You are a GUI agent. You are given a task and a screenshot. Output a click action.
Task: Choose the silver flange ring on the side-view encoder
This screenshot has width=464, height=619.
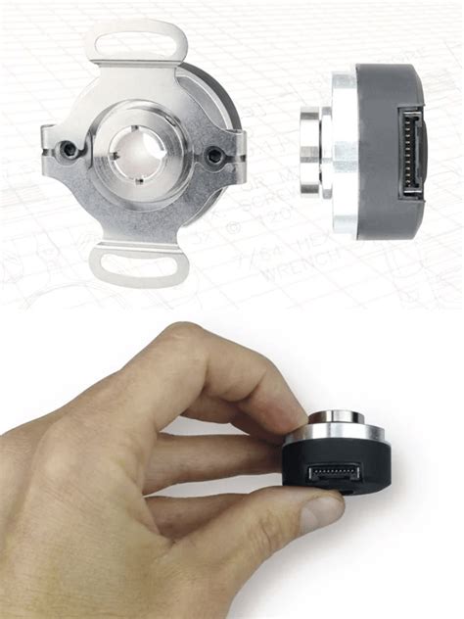pos(342,153)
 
